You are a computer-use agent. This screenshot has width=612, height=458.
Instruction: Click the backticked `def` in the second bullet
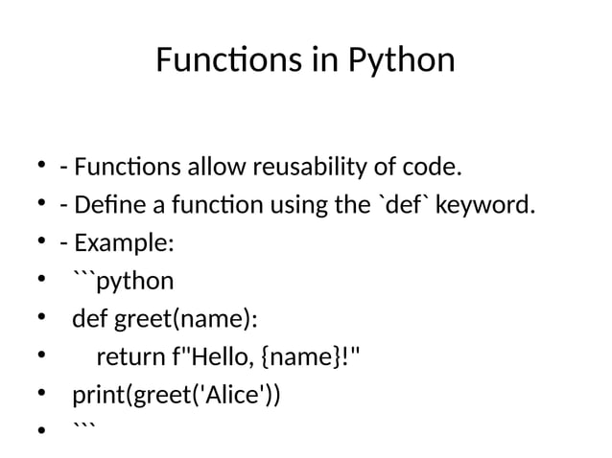point(407,206)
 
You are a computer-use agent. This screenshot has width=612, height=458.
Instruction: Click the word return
point(130,358)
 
